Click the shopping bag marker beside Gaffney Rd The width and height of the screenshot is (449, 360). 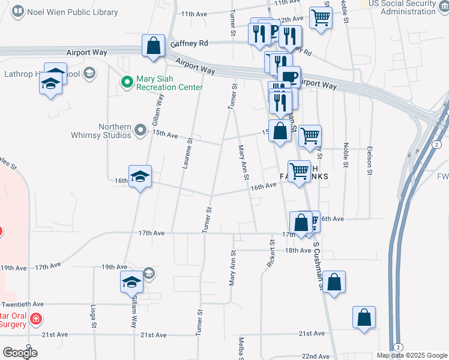(x=154, y=46)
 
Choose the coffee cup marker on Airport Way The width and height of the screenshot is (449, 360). (x=289, y=76)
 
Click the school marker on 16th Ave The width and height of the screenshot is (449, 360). (x=140, y=176)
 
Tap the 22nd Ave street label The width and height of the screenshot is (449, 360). (x=315, y=356)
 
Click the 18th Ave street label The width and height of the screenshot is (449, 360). (x=298, y=250)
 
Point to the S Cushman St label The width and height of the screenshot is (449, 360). (x=318, y=268)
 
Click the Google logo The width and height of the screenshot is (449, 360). (x=19, y=353)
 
